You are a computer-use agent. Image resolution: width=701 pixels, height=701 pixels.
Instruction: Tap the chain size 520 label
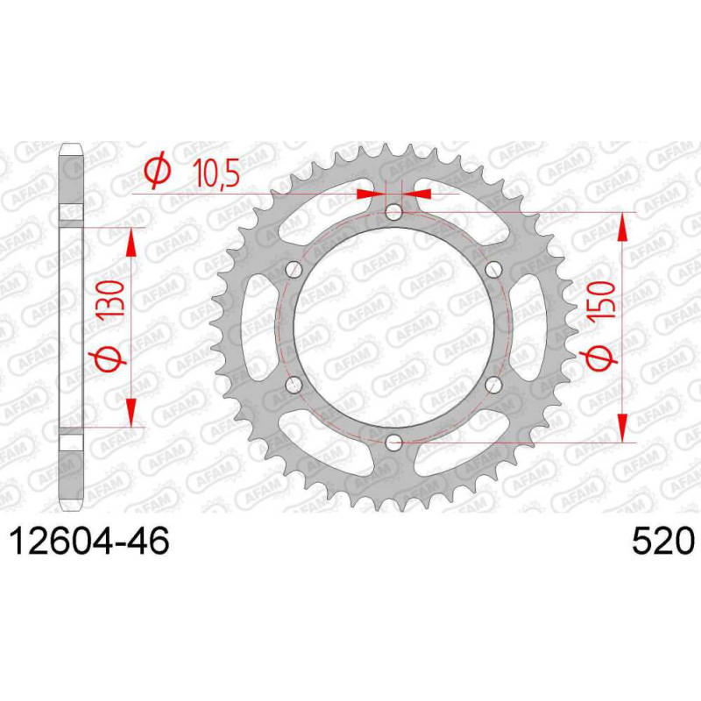[x=663, y=541]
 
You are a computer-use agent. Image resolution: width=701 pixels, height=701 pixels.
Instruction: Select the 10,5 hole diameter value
[x=216, y=173]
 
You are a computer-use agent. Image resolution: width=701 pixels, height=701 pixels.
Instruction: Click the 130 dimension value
[x=110, y=300]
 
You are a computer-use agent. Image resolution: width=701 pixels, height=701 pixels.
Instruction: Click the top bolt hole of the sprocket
[x=393, y=212]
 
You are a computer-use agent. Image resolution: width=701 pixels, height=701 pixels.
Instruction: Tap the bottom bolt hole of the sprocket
[x=393, y=443]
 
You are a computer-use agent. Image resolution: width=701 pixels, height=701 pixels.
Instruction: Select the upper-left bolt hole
[x=294, y=269]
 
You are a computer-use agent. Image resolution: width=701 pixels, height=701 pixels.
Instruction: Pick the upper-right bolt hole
[x=493, y=269]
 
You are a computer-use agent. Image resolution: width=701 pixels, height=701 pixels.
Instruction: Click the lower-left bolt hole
[x=294, y=385]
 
